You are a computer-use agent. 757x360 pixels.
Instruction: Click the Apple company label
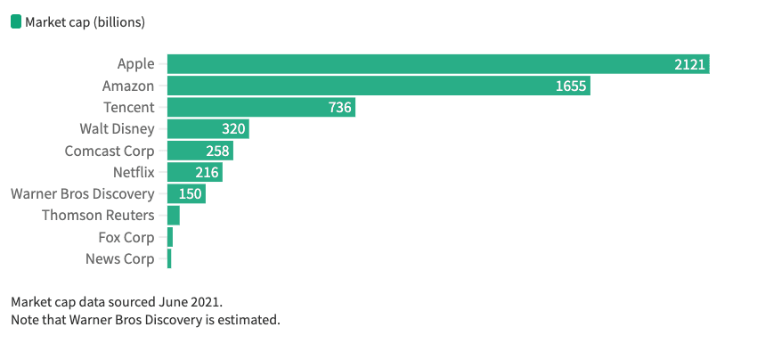tap(135, 64)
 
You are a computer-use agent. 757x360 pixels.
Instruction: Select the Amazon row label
tap(128, 86)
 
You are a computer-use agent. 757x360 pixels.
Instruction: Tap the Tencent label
tap(129, 107)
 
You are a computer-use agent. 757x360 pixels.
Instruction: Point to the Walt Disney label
tap(117, 129)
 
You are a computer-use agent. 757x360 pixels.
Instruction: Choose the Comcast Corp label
tap(110, 151)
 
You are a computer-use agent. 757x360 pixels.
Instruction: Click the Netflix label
tap(134, 172)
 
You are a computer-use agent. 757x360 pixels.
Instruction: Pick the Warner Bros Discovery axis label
tap(82, 193)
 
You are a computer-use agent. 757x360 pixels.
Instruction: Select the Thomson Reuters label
tap(98, 216)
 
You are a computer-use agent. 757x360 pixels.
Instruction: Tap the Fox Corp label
tap(126, 237)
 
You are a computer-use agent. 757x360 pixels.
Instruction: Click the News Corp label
tap(120, 258)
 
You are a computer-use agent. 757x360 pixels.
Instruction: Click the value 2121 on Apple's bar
tap(689, 64)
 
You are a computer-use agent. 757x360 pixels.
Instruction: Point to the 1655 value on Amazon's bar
tap(570, 86)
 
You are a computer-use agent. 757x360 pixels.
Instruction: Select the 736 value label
tap(340, 107)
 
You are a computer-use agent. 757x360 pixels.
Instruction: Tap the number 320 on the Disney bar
tap(233, 129)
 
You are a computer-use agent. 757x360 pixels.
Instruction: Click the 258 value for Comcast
tap(217, 151)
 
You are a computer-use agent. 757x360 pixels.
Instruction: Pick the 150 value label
tap(191, 193)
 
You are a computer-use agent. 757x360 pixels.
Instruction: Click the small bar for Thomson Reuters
tap(174, 216)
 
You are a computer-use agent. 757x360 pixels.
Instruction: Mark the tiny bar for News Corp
tap(169, 258)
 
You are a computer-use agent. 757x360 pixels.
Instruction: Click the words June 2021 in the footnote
tap(179, 302)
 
